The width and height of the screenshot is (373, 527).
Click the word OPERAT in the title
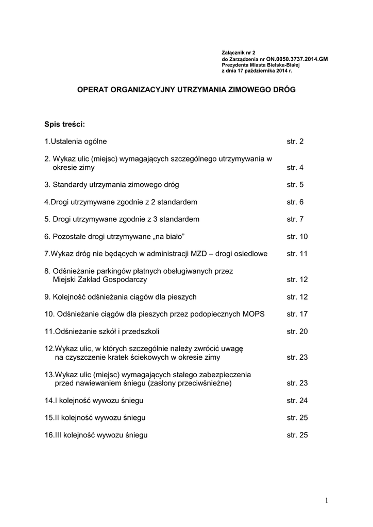click(x=92, y=89)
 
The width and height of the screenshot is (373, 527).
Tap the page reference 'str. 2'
click(x=295, y=141)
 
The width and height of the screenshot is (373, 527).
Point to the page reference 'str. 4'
click(x=295, y=168)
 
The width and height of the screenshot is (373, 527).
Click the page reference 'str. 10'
click(x=297, y=236)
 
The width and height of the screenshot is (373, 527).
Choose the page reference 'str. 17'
click(x=297, y=314)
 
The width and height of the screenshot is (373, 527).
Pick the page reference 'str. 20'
click(x=297, y=331)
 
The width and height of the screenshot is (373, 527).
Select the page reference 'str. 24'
click(x=297, y=400)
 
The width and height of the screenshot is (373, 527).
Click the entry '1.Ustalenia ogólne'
click(x=76, y=141)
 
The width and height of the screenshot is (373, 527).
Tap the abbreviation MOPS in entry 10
click(x=253, y=314)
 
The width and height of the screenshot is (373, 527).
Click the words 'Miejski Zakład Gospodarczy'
click(x=99, y=279)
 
